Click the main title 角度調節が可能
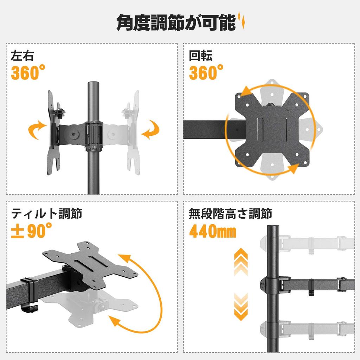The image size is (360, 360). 176,23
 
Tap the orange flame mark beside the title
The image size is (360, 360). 242,21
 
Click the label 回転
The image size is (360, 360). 201,56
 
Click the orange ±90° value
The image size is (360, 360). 32,232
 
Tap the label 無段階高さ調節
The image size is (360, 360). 230,213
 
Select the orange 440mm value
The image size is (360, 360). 212,232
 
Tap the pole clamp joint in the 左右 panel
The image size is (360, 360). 93,135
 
